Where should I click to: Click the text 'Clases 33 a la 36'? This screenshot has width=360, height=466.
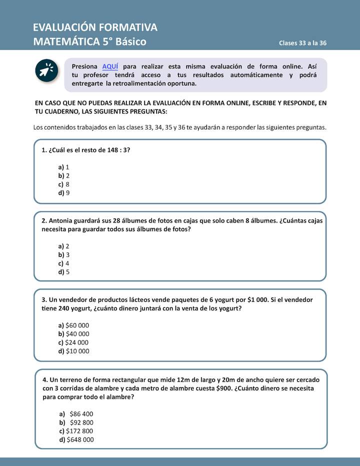302,43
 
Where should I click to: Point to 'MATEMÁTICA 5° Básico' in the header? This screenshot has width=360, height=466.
90,42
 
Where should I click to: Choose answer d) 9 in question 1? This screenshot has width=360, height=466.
63,193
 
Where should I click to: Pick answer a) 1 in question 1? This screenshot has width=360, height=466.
63,167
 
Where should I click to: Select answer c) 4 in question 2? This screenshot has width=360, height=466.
63,263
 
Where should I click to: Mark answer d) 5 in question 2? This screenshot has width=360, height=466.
63,272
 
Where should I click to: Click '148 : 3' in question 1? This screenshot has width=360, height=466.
117,150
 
